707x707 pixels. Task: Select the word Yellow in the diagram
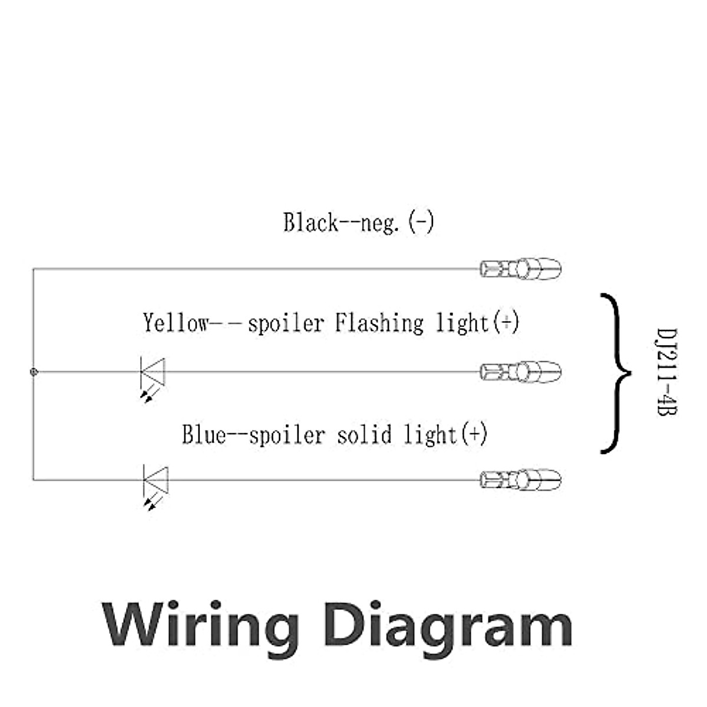(176, 323)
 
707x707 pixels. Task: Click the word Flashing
(379, 323)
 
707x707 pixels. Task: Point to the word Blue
(204, 435)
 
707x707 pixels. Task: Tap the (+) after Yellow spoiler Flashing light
(506, 322)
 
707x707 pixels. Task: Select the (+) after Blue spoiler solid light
(474, 435)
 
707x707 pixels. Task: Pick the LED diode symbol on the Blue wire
(156, 480)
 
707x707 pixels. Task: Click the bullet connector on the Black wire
(521, 269)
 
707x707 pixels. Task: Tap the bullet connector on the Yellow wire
(521, 372)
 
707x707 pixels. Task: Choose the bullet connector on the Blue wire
(521, 479)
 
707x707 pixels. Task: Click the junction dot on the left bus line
(34, 372)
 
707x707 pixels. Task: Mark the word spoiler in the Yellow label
(286, 323)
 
